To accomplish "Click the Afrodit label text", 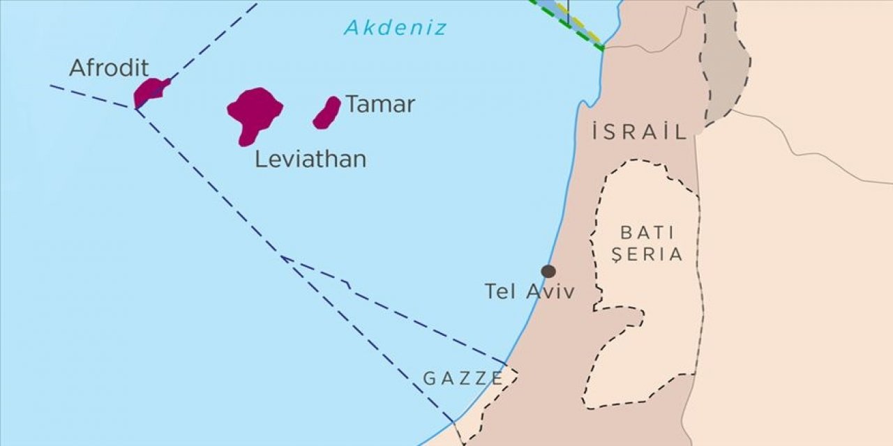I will [x=109, y=68].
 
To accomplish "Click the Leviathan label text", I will [x=310, y=160].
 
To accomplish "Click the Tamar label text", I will [x=380, y=105].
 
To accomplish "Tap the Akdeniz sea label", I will [x=395, y=28].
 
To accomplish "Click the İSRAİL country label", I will [x=640, y=132].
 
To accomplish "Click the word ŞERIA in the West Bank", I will [x=647, y=255].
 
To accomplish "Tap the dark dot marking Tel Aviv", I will [x=548, y=271].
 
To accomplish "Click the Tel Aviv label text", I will [x=530, y=291].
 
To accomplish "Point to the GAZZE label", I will [x=463, y=378].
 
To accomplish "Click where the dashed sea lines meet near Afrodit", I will [x=135, y=109].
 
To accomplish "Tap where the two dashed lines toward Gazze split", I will [x=283, y=257].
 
